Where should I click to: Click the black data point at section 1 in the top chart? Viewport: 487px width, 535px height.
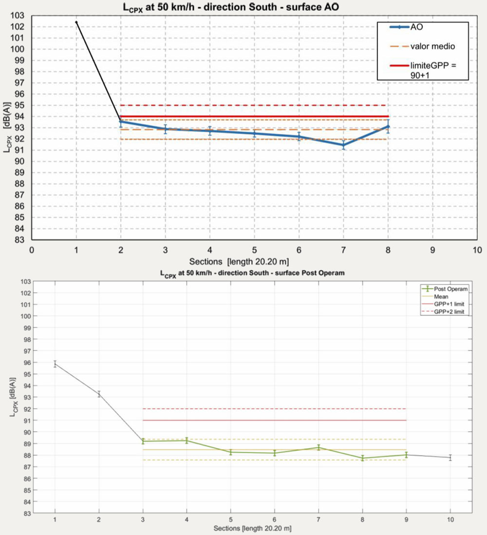tap(76, 22)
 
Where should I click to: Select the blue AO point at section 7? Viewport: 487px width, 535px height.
tap(344, 145)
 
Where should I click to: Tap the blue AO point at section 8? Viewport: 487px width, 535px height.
tap(388, 126)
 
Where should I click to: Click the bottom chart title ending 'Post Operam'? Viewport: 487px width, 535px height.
tap(252, 273)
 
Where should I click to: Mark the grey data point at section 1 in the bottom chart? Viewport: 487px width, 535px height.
tap(55, 363)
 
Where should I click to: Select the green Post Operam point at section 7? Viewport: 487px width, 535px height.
tap(318, 447)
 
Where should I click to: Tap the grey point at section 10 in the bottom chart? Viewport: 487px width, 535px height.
tap(450, 458)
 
